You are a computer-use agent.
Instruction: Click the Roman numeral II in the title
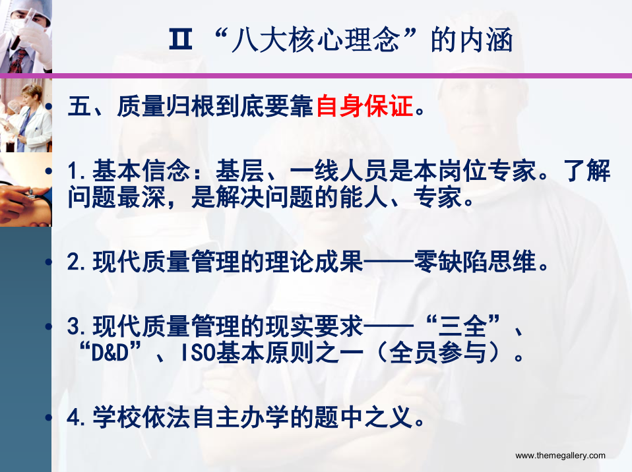click(x=180, y=40)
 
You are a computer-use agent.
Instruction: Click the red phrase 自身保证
click(x=364, y=106)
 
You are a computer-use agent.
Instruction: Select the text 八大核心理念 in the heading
click(x=315, y=40)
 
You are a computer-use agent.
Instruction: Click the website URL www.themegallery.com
click(x=560, y=456)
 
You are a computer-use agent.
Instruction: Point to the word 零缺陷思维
click(x=475, y=262)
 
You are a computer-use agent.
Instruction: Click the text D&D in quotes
click(x=110, y=353)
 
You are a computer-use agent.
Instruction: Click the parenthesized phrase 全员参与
click(x=438, y=353)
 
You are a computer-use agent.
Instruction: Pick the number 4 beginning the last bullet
click(x=73, y=417)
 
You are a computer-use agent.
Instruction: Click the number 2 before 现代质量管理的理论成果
click(x=73, y=262)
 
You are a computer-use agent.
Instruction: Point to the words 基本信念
click(x=141, y=170)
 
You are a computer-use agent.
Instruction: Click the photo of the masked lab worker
click(x=26, y=36)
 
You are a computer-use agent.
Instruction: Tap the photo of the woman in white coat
click(x=26, y=115)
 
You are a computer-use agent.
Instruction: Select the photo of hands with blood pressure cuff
click(x=26, y=189)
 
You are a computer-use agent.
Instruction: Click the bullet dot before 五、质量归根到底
click(x=48, y=106)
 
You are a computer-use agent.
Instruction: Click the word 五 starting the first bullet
click(x=79, y=106)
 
